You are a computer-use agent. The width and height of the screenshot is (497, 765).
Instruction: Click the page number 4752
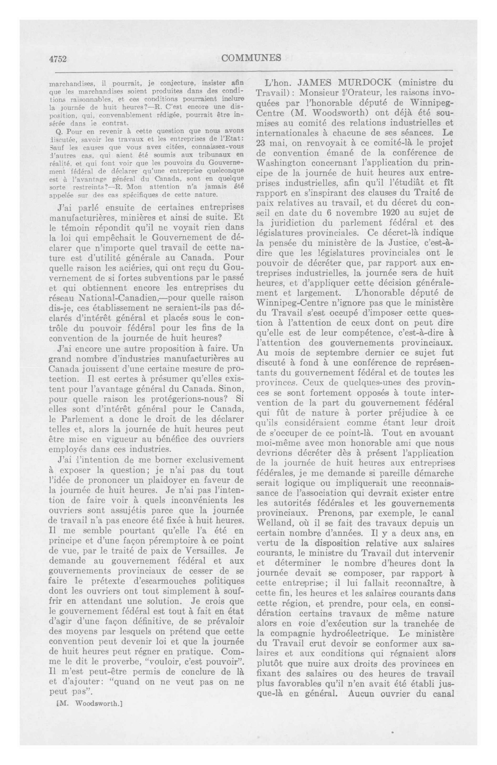pos(58,59)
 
